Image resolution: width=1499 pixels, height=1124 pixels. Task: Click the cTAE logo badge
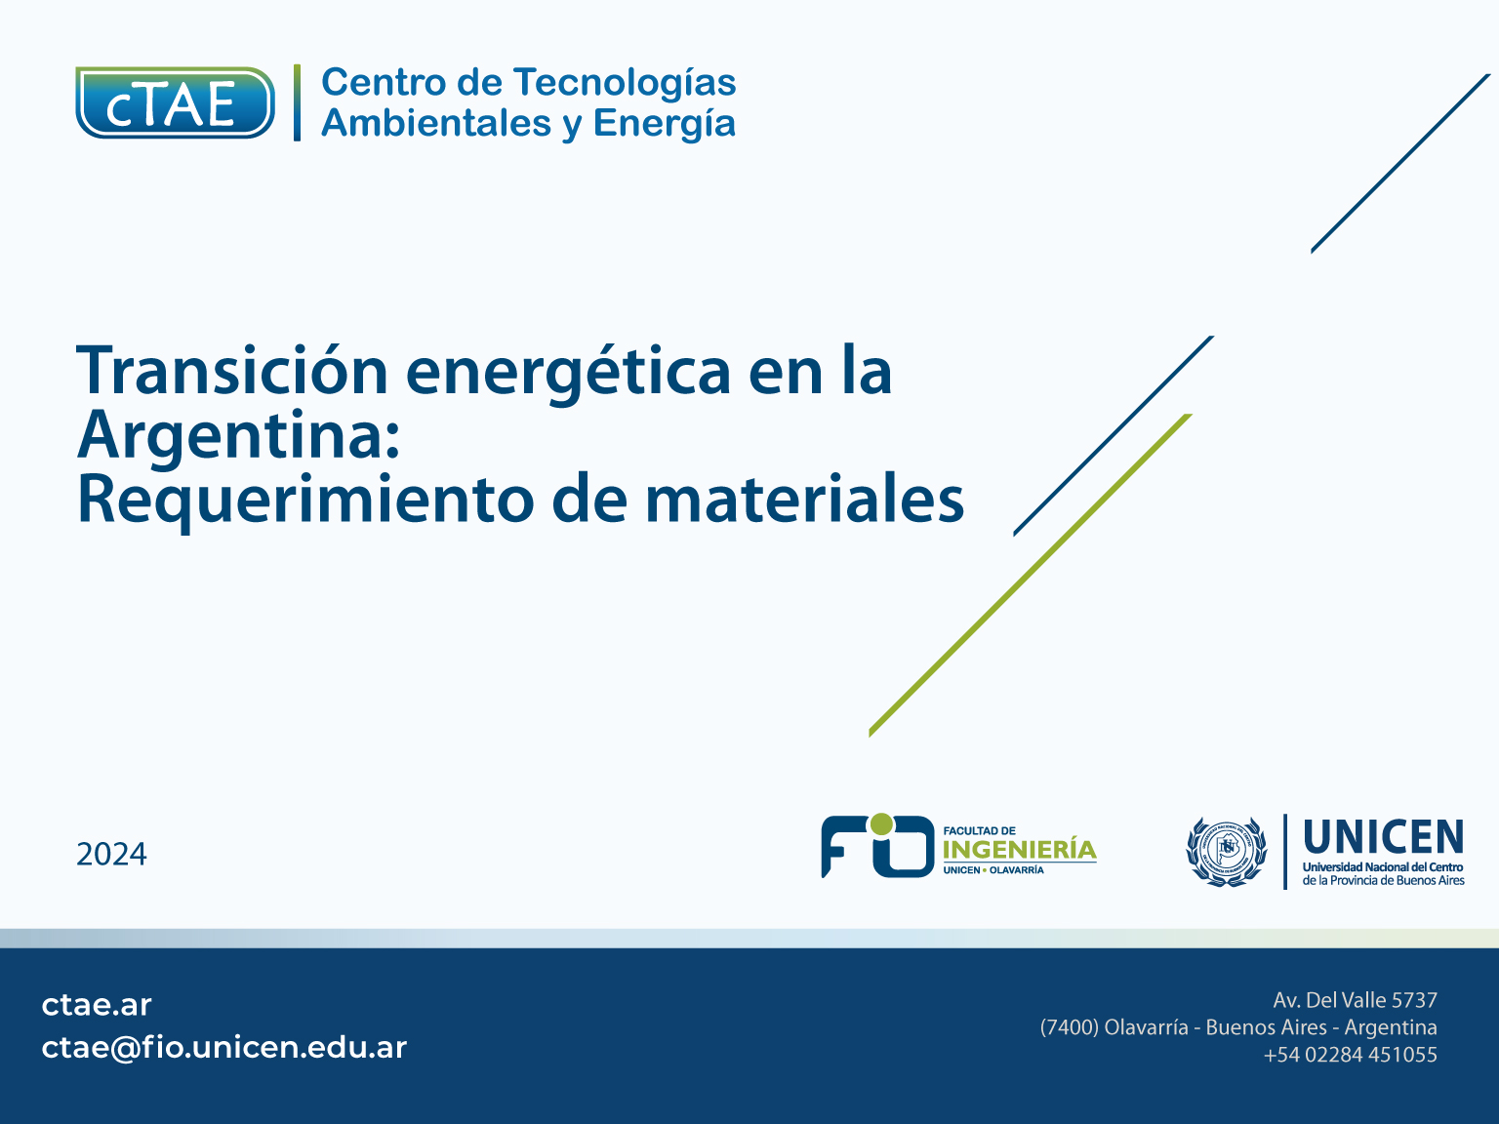point(175,103)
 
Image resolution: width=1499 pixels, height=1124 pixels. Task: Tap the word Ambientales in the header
point(436,123)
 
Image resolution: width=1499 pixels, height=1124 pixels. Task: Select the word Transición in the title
point(232,370)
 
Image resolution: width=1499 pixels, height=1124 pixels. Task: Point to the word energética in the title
point(569,373)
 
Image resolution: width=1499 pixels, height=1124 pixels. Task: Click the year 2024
point(111,855)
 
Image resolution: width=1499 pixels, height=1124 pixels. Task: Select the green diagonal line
point(1031,576)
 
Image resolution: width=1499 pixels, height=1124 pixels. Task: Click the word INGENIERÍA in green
point(1020,849)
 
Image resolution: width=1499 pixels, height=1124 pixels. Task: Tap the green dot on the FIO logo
point(882,823)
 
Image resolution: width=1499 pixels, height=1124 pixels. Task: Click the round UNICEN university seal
point(1227,852)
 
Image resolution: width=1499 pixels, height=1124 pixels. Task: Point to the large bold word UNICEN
point(1384,837)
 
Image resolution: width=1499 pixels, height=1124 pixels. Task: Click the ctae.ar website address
point(97,1005)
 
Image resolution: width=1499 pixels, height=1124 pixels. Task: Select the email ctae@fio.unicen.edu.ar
point(224,1048)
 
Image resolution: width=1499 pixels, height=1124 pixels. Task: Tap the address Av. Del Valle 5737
point(1355,1000)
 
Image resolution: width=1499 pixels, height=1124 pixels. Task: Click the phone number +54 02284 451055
point(1350,1055)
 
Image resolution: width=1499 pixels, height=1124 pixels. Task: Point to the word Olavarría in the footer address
point(1146,1027)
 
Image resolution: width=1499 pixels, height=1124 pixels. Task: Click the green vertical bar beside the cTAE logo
point(297,103)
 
